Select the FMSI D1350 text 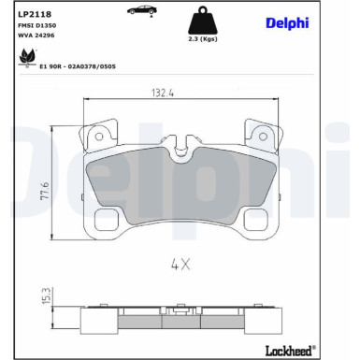click(x=37, y=25)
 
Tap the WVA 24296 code click(x=36, y=36)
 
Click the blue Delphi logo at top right click(x=287, y=23)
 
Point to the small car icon click(x=142, y=10)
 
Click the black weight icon click(x=203, y=21)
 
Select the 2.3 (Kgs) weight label click(x=203, y=39)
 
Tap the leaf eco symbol click(x=27, y=58)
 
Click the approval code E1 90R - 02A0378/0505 click(x=78, y=66)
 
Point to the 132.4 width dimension click(x=163, y=93)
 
